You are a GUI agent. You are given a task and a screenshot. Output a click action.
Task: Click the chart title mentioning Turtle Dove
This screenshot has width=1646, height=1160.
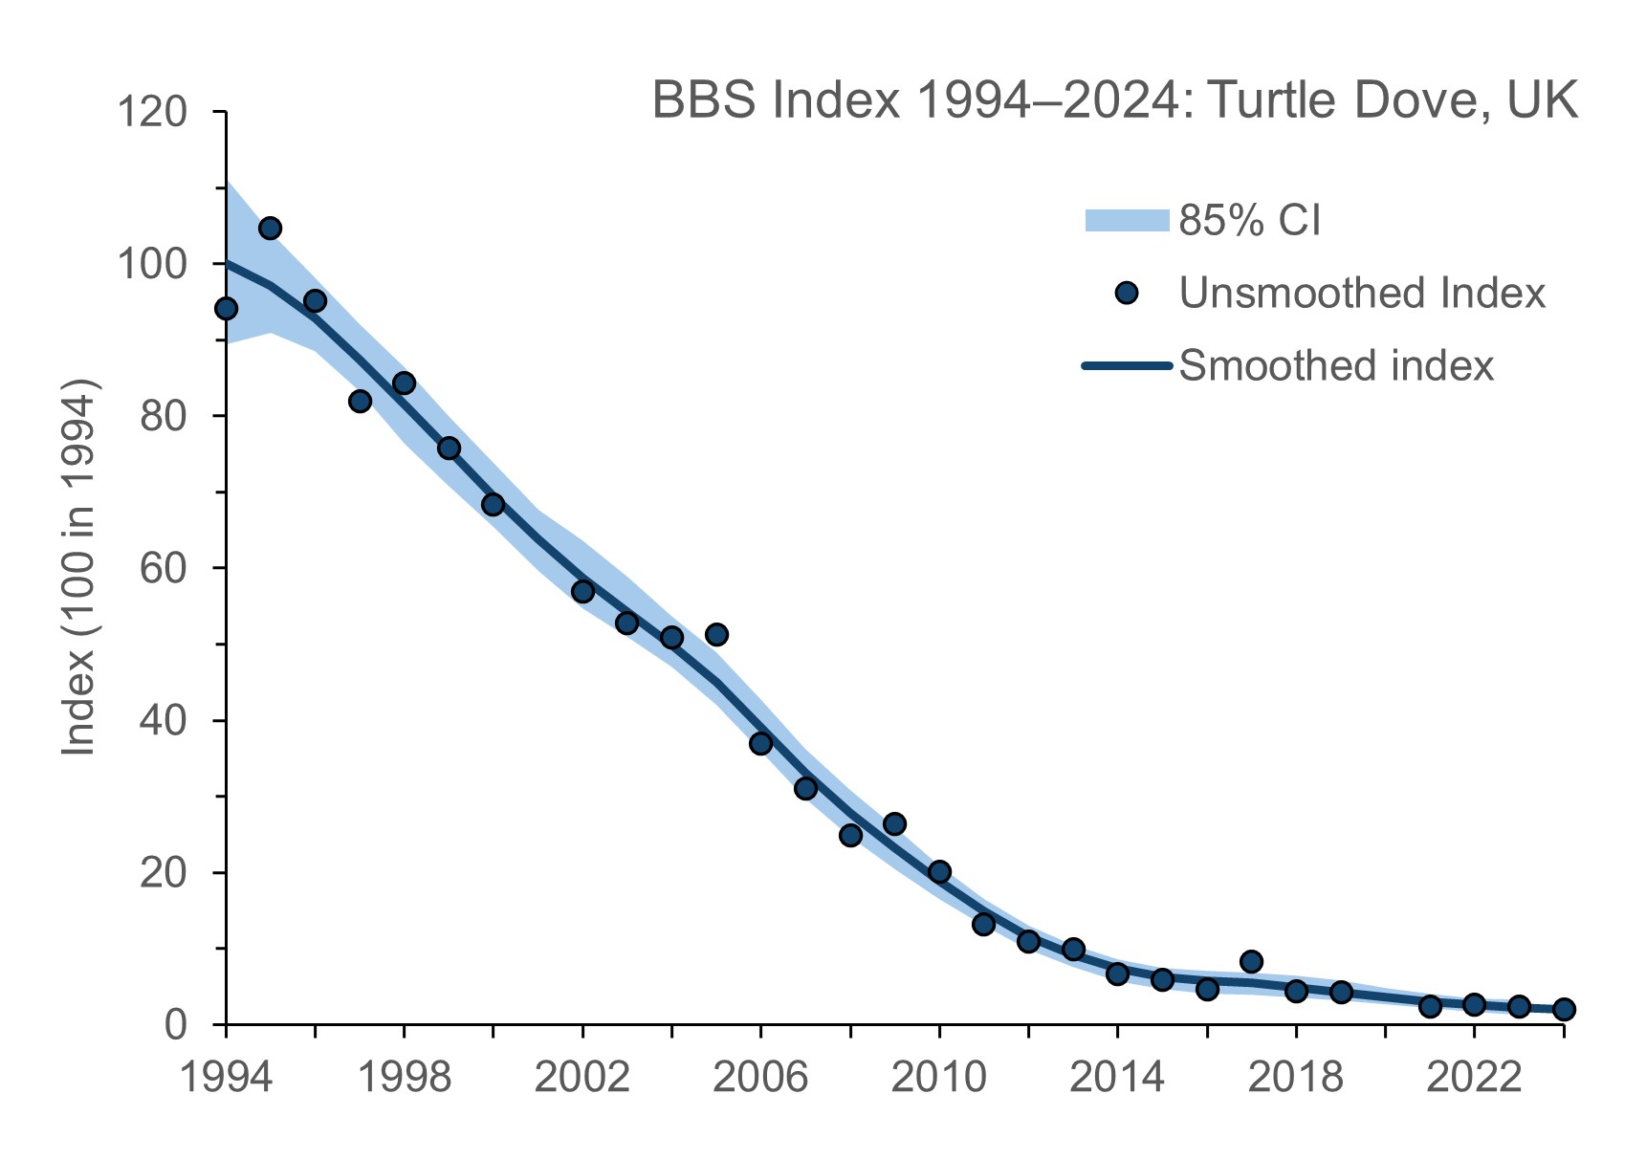tap(1114, 100)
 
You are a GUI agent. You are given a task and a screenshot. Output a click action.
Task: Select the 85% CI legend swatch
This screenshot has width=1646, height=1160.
tap(1127, 220)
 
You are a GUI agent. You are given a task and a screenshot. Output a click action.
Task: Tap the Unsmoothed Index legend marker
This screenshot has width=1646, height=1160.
tap(1127, 293)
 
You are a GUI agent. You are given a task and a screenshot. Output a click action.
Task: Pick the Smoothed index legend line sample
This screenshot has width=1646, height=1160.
tap(1127, 365)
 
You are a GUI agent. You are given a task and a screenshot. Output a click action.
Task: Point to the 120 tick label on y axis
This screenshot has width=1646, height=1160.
tap(151, 112)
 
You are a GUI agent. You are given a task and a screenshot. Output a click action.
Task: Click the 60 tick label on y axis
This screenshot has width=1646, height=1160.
tap(163, 568)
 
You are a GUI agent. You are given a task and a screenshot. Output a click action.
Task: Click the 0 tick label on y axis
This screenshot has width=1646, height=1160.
tap(174, 1024)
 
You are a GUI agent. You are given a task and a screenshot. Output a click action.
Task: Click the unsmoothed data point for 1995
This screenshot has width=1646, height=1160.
tap(270, 228)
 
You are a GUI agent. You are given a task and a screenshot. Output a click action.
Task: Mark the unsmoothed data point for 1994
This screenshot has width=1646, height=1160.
tap(226, 308)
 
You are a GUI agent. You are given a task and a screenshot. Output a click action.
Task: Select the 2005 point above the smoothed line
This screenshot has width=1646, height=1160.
tap(716, 634)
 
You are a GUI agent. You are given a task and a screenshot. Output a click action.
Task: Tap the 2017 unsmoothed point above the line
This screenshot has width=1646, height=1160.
tap(1251, 961)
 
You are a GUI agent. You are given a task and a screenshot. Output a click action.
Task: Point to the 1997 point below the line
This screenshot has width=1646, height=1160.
tap(360, 401)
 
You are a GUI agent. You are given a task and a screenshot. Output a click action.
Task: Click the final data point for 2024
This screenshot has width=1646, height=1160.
tap(1564, 1009)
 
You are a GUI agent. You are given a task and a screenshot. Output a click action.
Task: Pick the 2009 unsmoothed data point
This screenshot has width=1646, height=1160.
tap(894, 823)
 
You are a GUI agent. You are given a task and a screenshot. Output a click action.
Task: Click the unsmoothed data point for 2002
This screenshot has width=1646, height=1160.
tap(582, 591)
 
